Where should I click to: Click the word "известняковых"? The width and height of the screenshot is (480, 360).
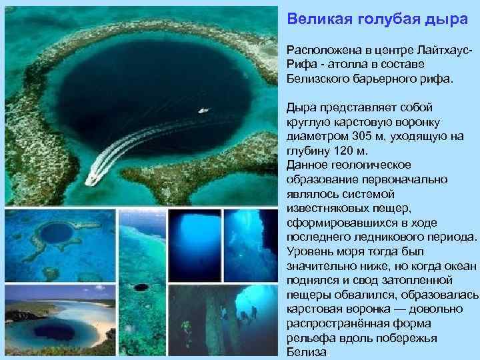click(x=329, y=209)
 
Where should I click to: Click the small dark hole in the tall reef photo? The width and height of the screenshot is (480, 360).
click(x=141, y=287)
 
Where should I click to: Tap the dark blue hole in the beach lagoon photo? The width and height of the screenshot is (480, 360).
click(x=56, y=329)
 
